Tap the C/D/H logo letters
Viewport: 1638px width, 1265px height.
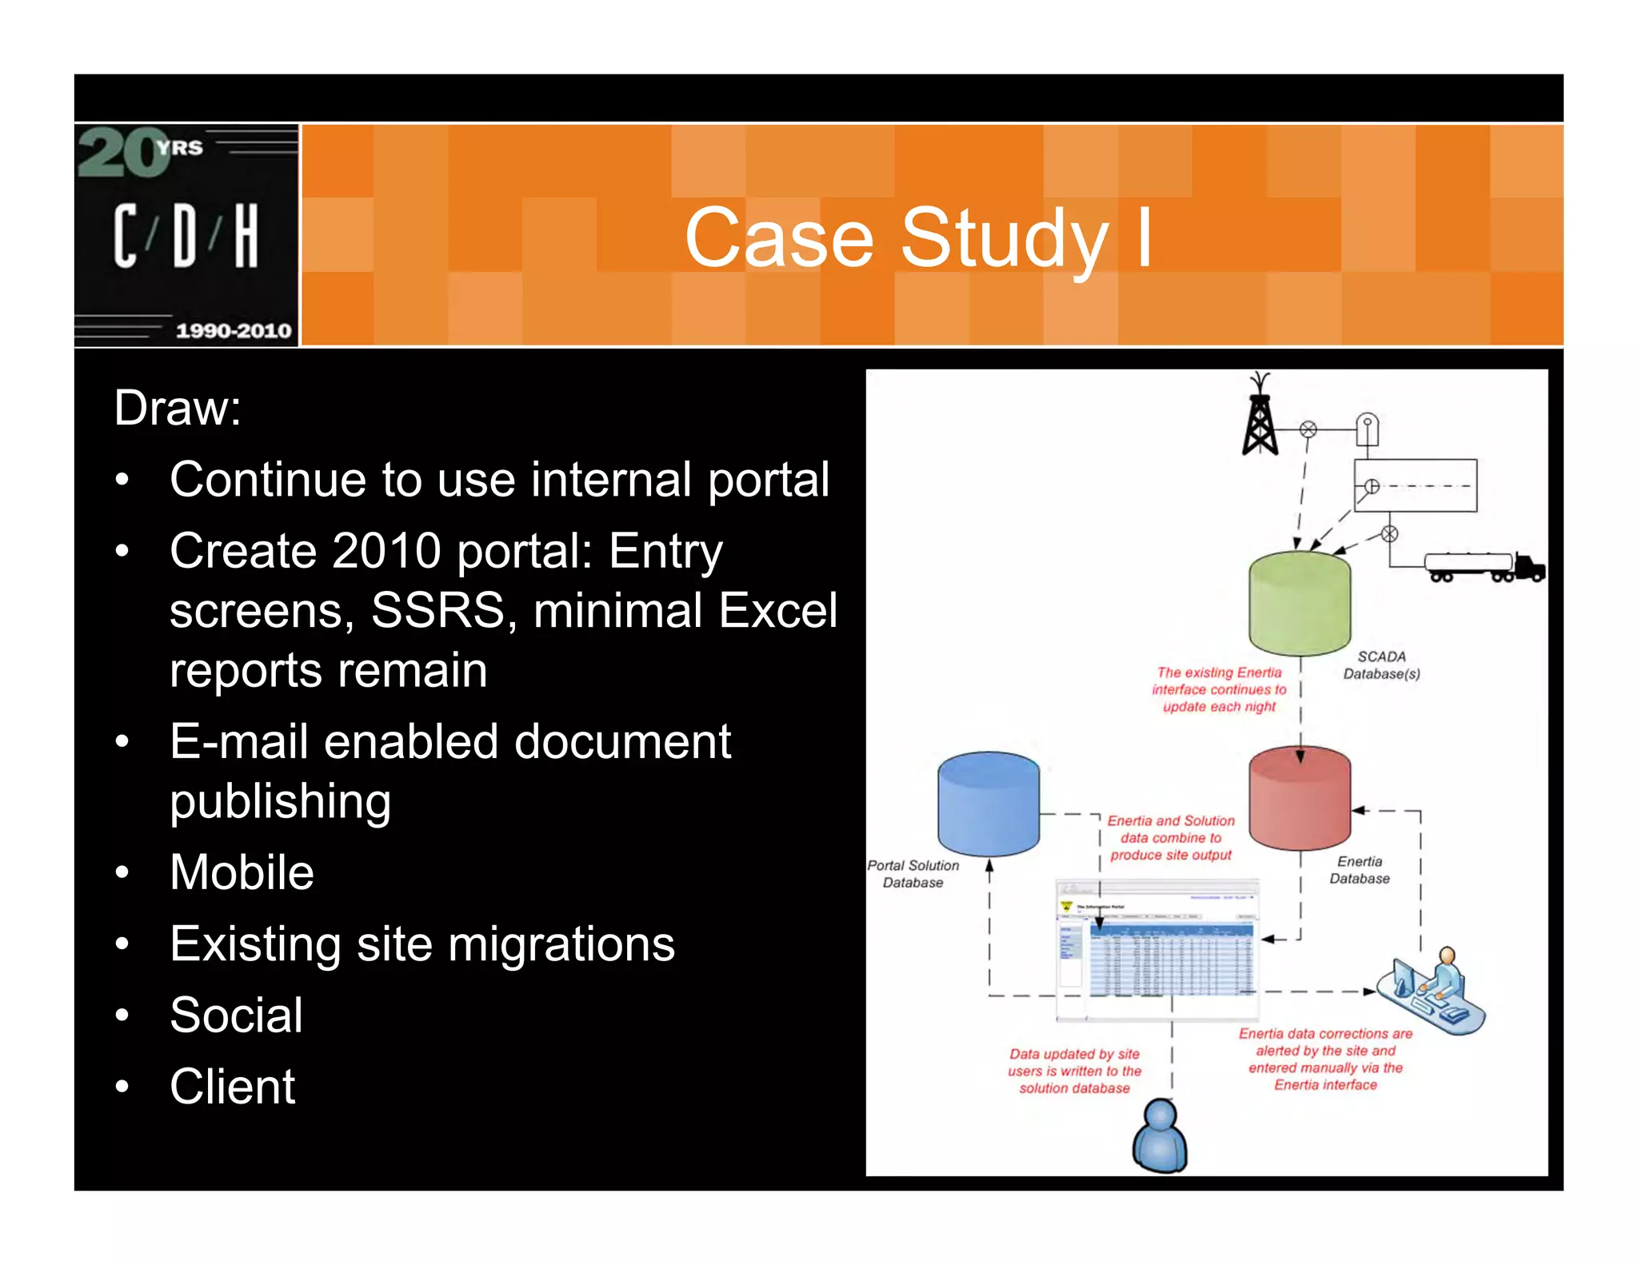click(186, 235)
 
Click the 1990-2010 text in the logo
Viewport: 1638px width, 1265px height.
click(234, 330)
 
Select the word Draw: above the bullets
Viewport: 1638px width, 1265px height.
click(178, 408)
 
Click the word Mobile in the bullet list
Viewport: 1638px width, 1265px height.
click(242, 872)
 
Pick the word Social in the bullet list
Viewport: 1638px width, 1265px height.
click(236, 1015)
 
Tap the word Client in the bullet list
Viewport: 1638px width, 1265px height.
click(232, 1086)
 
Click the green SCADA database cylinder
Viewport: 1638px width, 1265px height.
click(1299, 605)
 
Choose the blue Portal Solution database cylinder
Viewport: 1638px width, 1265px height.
click(988, 804)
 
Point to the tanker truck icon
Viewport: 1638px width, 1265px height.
click(1484, 566)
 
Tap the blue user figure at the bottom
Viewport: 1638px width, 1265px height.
click(1160, 1135)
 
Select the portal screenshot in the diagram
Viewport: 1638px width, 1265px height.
click(1157, 950)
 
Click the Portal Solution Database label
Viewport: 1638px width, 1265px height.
click(913, 874)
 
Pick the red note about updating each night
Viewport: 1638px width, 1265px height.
click(1219, 689)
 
